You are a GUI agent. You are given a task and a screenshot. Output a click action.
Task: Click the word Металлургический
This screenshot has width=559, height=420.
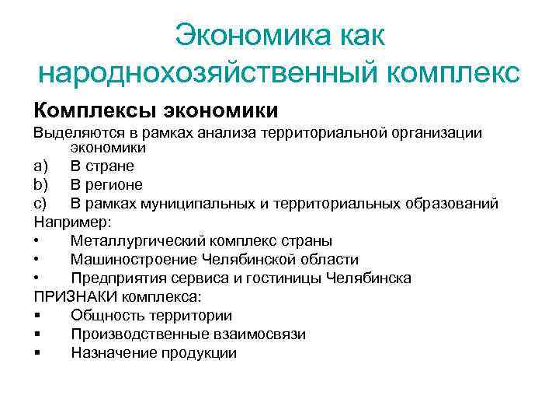pyautogui.click(x=136, y=240)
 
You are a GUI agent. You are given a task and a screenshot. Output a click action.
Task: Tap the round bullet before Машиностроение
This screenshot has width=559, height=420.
pyautogui.click(x=36, y=259)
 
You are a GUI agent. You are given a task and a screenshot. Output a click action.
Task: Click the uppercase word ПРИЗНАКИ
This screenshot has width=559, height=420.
pyautogui.click(x=74, y=296)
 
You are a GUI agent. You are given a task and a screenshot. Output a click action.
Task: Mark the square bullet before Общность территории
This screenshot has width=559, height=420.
pyautogui.click(x=36, y=315)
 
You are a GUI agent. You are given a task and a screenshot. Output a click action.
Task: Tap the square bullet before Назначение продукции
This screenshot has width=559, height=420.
pyautogui.click(x=36, y=352)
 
